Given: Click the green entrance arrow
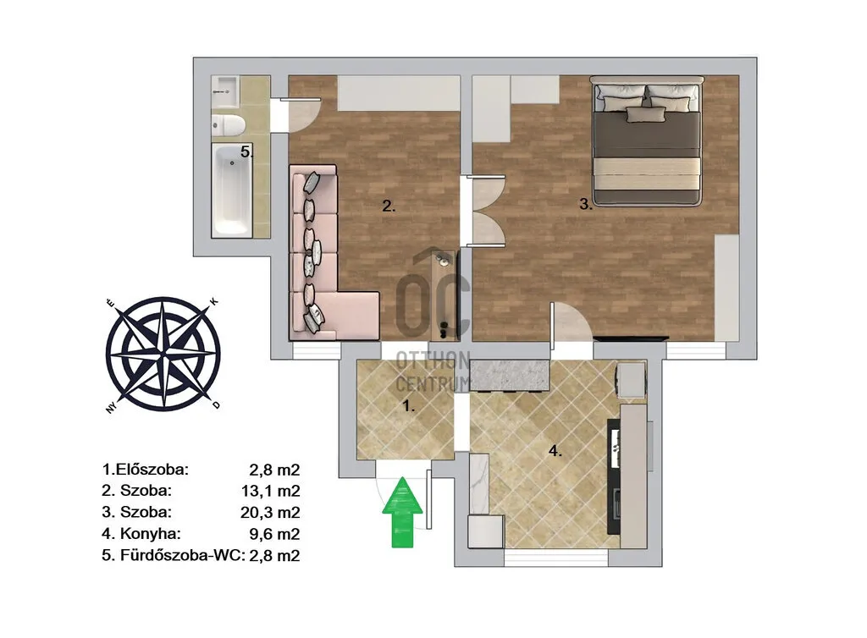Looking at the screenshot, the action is pos(402,513).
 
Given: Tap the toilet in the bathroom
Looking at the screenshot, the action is pos(229,124).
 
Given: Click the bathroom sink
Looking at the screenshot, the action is pos(225,91).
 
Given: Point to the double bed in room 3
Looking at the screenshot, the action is pos(647,140).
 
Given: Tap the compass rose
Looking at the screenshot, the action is pos(163,353).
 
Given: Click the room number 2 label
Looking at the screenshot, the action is pos(389,206).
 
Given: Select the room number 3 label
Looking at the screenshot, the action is pos(586,205).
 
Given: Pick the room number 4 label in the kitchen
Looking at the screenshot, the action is pos(555,451).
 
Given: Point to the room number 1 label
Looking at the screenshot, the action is pos(408,406).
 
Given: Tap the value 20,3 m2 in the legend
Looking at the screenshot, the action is pos(270,513).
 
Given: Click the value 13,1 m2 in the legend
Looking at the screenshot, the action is pos(270,491).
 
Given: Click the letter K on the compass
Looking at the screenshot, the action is pos(214,301).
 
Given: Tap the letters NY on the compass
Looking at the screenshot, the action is pos(112,409).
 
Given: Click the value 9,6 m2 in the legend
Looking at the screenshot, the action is pos(274,534).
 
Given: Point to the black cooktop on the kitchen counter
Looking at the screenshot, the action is pos(614,476).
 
